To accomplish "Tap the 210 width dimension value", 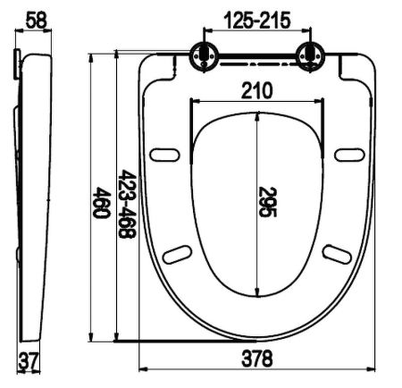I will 257,90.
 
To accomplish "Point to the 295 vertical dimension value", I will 268,203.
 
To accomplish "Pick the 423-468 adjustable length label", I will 127,205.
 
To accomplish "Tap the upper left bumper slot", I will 166,156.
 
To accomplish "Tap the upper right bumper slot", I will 349,156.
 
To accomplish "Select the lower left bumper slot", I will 179,254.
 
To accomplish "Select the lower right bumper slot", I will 337,254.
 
